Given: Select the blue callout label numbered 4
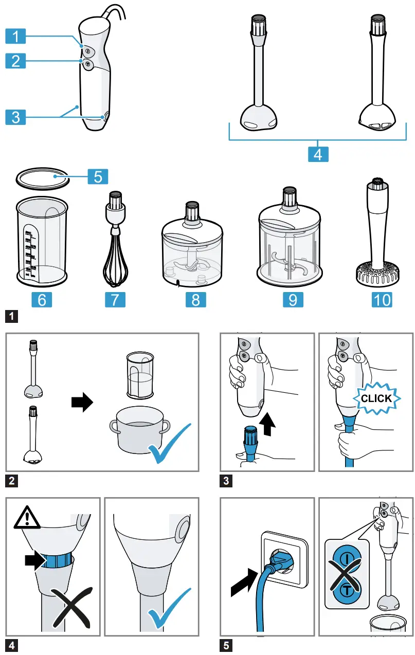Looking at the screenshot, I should point(318,153).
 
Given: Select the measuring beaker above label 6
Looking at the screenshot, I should point(42,241).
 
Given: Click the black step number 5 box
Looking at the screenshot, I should point(225,645).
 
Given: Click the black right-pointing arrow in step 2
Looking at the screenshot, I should point(82,402).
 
